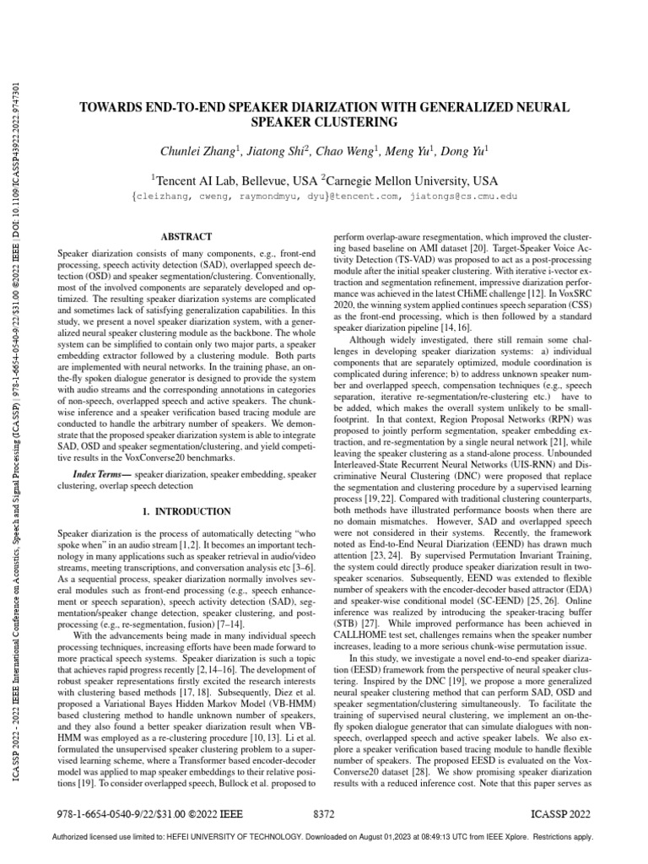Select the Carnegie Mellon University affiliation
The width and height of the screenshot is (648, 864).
click(410, 181)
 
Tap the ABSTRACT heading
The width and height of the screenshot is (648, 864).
click(186, 238)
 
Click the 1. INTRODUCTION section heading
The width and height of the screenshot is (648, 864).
click(186, 511)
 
